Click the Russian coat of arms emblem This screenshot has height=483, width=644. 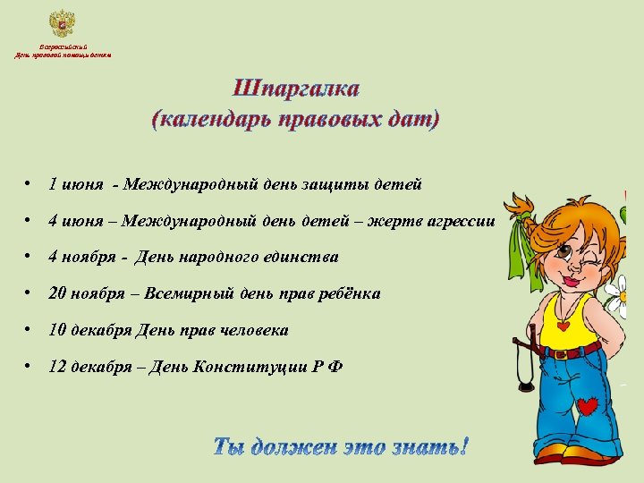(62, 23)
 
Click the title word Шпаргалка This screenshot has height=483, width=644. (296, 89)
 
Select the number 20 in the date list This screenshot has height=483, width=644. (57, 293)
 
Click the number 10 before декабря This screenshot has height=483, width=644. (57, 331)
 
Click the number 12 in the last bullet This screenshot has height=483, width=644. (57, 368)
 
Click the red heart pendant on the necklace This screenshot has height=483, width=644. (563, 326)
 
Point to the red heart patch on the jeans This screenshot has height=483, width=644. (587, 407)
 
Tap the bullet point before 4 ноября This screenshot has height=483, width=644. (30, 258)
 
